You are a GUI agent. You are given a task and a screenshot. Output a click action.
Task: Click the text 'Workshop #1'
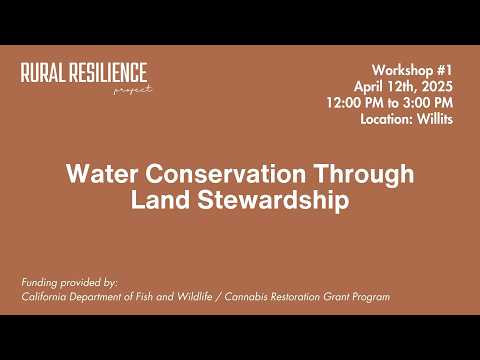coord(413,70)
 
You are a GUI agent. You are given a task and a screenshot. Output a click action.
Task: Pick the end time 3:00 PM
coord(427,102)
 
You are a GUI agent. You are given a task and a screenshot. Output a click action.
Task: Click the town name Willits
coord(437,118)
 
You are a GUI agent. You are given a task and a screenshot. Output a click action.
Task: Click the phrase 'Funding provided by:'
coord(69,283)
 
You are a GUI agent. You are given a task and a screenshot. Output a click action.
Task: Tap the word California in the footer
coord(47,297)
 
